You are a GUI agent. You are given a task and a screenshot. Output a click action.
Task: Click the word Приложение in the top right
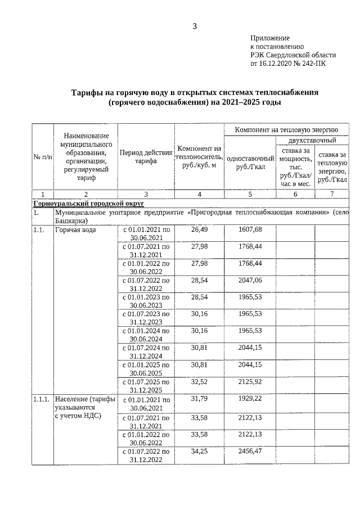269,38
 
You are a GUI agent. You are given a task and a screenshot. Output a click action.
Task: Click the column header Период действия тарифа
146,156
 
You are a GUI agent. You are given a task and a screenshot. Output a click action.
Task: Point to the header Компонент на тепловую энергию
286,130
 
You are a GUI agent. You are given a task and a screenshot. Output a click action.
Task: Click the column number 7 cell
332,194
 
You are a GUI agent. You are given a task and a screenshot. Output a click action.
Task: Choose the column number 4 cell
199,194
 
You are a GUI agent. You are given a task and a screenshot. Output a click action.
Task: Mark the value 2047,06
250,280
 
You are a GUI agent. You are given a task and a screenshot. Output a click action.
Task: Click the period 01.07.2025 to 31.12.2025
146,386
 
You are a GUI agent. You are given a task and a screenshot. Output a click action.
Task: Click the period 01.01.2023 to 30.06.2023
146,301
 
